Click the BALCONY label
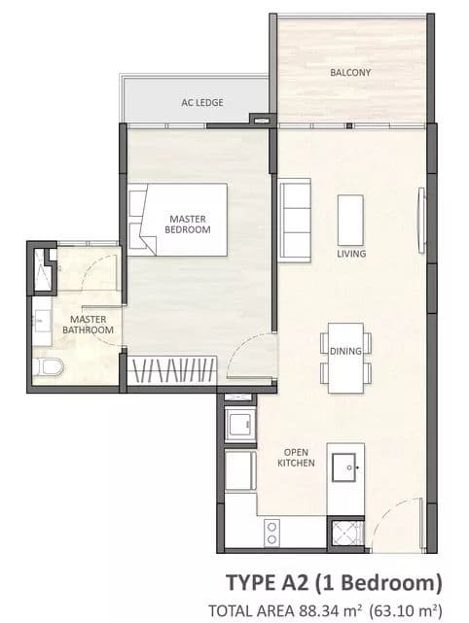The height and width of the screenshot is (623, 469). pos(350,72)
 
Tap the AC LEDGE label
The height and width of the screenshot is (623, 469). pos(202,102)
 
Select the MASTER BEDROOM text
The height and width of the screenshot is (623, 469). pos(188,225)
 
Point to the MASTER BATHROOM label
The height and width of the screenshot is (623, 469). pos(88,325)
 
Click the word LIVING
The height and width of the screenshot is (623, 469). pos(351,254)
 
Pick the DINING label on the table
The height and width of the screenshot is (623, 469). pos(345,351)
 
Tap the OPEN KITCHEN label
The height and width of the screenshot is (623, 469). pos(296,458)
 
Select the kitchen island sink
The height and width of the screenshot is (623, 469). pos(344,467)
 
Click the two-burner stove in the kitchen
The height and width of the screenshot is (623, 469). pos(271,533)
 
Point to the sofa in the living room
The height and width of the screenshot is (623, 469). pos(295,220)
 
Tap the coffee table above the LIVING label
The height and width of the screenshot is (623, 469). pos(350,220)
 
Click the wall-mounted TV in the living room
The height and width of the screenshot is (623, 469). pos(421,220)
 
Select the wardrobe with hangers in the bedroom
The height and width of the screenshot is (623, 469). pos(172,370)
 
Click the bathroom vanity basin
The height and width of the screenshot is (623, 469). pos(42,322)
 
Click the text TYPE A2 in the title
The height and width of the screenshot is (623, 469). pos(267,583)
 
